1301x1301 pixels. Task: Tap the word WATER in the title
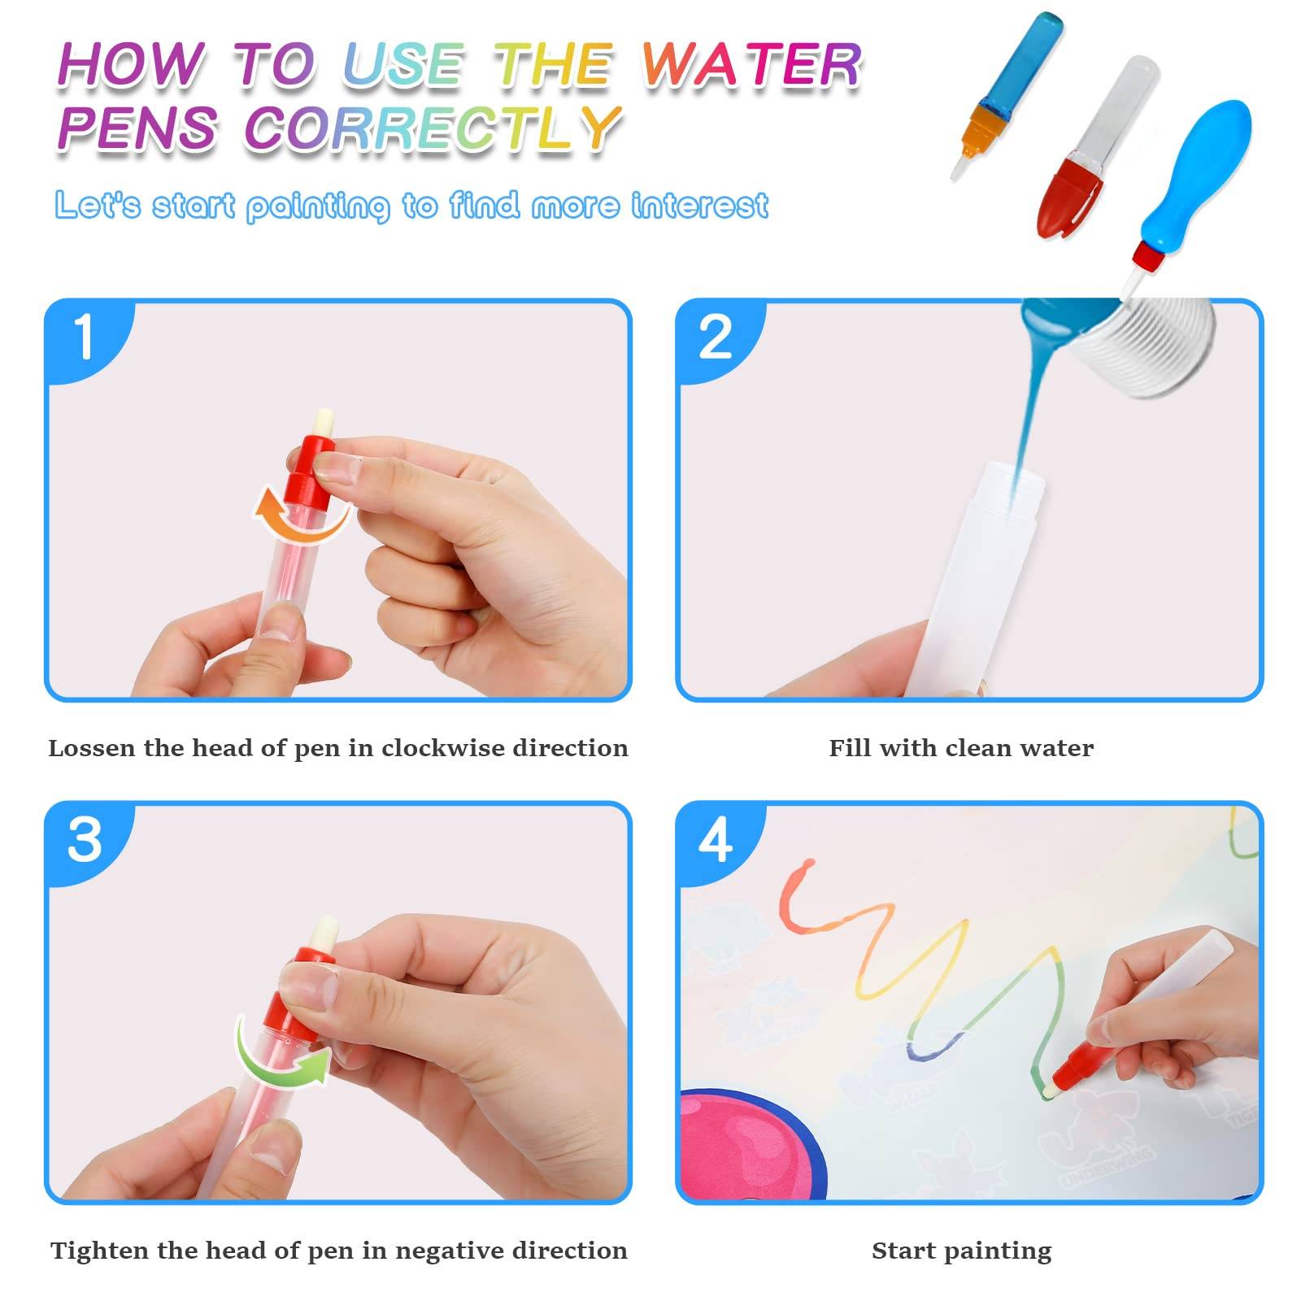[751, 65]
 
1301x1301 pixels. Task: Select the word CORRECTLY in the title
[433, 128]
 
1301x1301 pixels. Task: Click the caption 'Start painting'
[961, 1251]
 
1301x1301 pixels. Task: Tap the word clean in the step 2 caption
[965, 747]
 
